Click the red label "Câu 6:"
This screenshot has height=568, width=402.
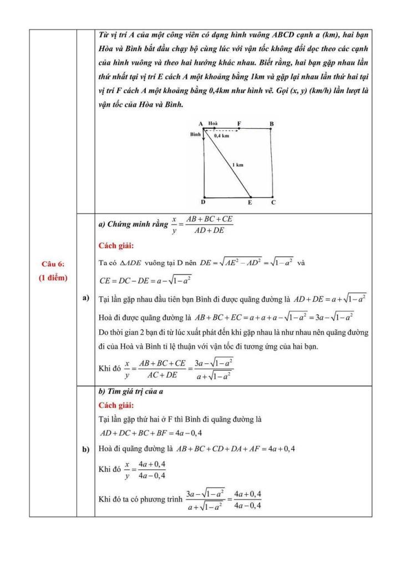53,264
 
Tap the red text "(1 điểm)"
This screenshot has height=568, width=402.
53,278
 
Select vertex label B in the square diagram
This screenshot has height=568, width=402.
271,123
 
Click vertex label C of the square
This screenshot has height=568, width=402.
273,203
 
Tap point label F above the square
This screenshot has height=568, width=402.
239,123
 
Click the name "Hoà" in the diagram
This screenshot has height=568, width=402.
213,123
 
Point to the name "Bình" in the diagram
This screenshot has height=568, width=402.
195,135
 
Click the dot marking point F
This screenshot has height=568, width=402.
239,129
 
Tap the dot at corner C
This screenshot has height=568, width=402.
271,196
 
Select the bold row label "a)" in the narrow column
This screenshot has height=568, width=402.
86,298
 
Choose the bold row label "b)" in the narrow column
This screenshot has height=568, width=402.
86,449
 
